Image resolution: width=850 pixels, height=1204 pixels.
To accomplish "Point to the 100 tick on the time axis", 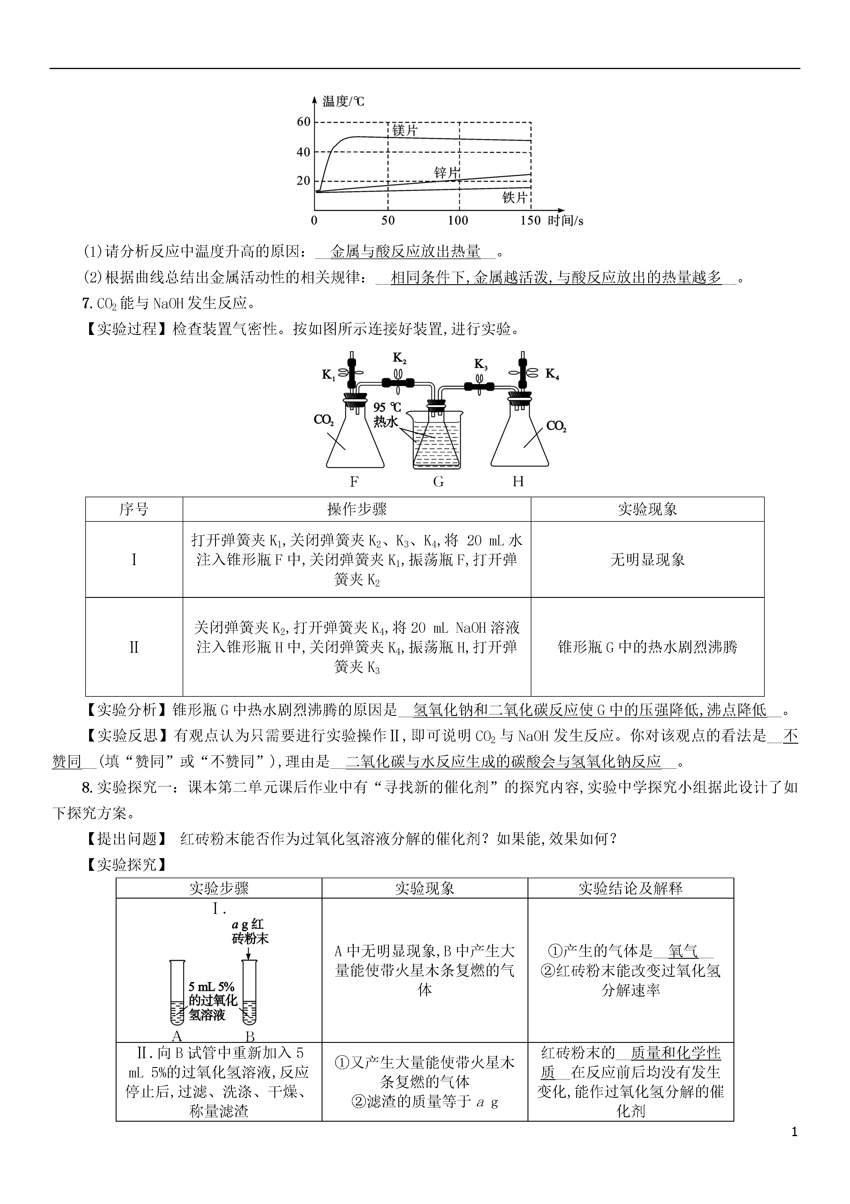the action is coord(458,220).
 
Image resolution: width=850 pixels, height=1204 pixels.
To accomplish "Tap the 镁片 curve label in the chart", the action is coord(405,130).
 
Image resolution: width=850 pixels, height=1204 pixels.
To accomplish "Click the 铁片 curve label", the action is coord(515,197).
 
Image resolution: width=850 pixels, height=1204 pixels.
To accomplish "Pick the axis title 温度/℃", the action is coord(343,101).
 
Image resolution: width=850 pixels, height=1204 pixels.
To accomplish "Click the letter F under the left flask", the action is coord(354,481).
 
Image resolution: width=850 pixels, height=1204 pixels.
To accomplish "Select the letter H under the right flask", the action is coord(518,481).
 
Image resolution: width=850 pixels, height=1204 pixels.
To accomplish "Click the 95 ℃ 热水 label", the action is coord(387,414).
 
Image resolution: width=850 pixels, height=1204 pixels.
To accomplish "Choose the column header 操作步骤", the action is coord(357,509).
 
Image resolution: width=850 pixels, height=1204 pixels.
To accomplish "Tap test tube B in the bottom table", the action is coord(249,992).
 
